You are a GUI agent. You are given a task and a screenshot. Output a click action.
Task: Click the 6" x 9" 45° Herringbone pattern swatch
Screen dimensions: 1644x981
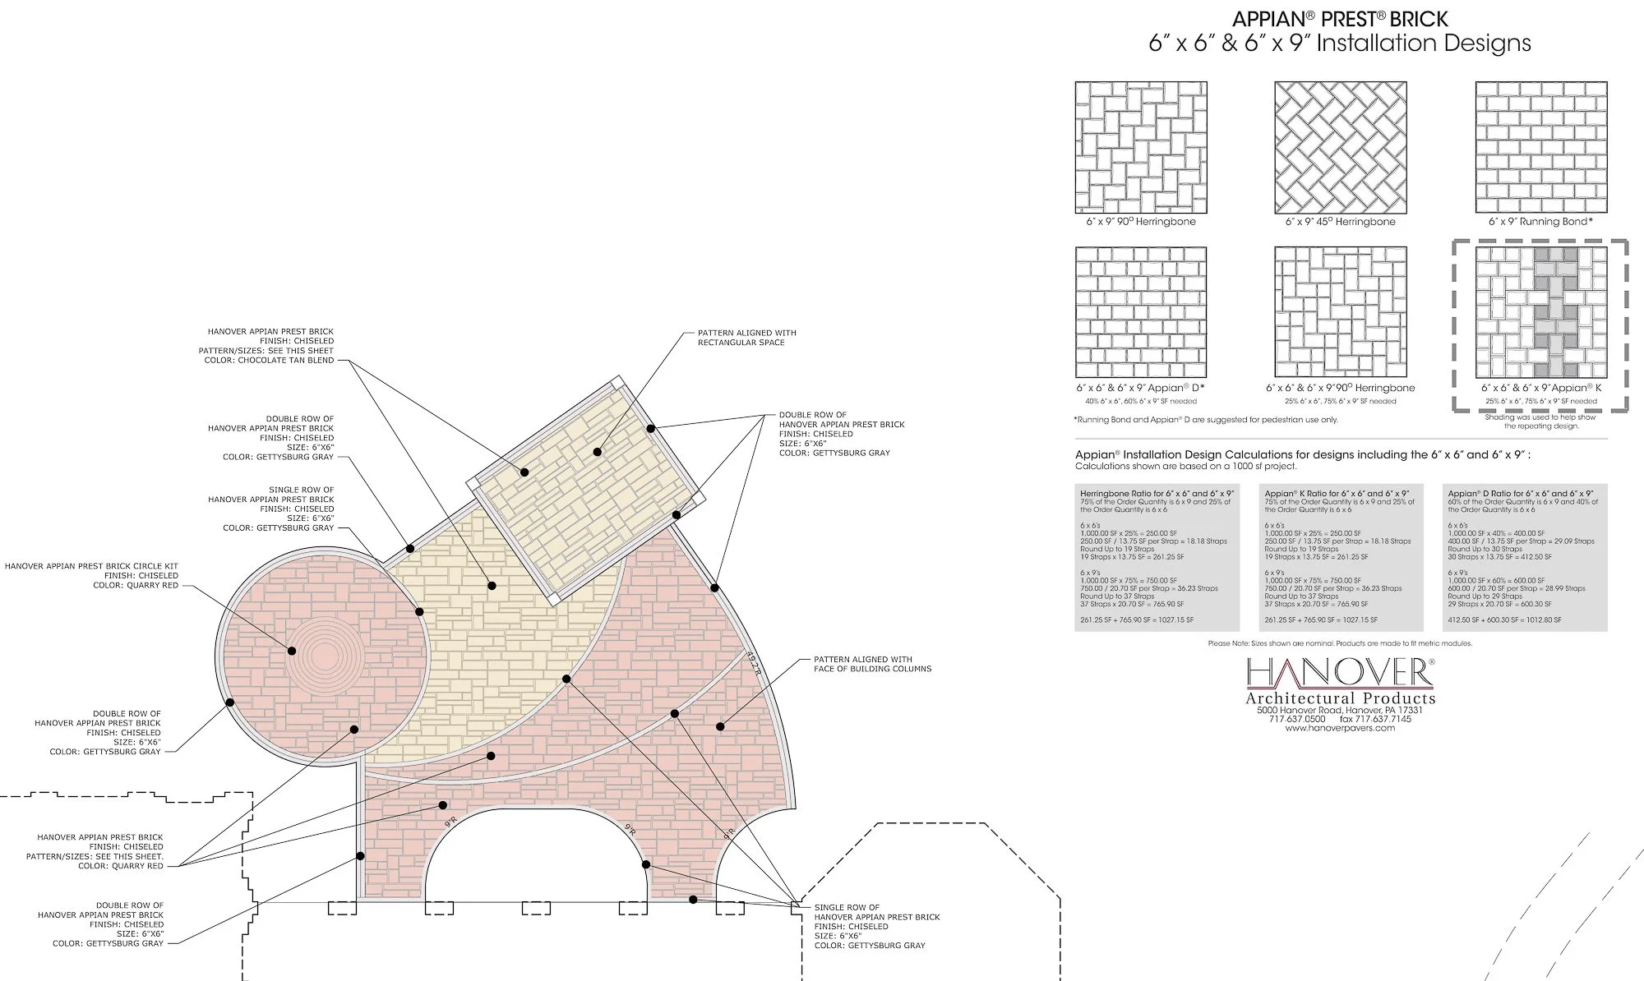coord(1341,147)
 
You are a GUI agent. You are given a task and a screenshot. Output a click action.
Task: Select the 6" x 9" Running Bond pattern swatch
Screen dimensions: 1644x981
coord(1541,147)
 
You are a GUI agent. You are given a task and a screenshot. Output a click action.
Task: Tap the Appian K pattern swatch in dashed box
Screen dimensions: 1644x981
coord(1541,312)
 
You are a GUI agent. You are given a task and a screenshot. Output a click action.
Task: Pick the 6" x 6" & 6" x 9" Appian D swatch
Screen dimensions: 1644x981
coord(1141,312)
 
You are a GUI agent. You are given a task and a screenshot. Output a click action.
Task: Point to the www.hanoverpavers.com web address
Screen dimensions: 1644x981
coord(1340,728)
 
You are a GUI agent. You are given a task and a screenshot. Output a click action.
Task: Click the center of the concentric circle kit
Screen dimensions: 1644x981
coord(323,651)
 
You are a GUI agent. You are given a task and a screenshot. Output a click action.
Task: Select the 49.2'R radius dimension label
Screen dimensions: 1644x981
coord(754,664)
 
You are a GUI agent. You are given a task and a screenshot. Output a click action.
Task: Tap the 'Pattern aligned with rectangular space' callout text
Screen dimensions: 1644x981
coord(746,338)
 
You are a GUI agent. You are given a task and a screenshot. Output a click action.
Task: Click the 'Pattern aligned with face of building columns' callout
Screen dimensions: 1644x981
coord(872,664)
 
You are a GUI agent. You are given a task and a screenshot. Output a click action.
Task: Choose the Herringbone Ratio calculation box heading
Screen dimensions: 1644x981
coord(1157,494)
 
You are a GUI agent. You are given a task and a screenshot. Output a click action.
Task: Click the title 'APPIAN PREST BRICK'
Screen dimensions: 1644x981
coord(1339,19)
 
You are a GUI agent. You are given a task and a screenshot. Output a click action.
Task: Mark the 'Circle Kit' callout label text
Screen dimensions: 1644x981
coord(91,566)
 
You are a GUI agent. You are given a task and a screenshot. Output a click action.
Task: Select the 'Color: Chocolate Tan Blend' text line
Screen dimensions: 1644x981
coord(269,360)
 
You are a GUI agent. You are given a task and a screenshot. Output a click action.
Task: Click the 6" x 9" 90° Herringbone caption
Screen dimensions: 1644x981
coord(1141,222)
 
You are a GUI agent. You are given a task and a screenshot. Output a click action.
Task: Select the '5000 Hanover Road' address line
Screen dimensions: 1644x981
coord(1340,710)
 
